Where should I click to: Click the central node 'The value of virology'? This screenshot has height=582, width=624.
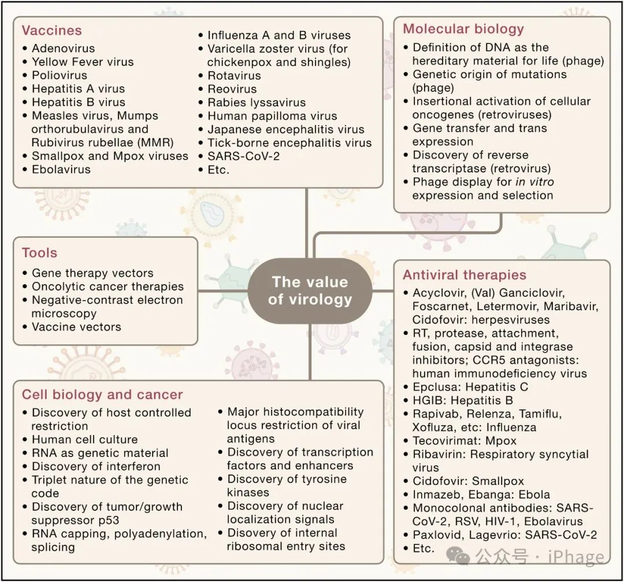click(310, 290)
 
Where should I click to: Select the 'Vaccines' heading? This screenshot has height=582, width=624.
click(52, 31)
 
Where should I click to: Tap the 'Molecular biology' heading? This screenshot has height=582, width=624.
click(463, 30)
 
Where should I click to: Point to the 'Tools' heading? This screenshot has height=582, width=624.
click(39, 253)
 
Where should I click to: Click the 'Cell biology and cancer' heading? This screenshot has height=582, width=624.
click(102, 395)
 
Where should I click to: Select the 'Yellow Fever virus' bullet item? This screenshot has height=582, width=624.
click(82, 62)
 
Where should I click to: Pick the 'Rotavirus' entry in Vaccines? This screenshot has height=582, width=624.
click(234, 76)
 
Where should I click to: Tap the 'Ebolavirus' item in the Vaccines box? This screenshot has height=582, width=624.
click(61, 170)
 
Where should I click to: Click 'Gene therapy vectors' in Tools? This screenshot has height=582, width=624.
click(92, 273)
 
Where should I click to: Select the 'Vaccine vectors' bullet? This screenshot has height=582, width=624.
click(76, 327)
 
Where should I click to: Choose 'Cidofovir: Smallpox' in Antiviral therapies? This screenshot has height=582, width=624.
click(468, 481)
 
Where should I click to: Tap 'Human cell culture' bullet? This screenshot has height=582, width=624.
click(84, 440)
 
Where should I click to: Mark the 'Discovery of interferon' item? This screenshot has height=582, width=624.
click(96, 466)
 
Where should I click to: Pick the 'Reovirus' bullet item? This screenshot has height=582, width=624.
click(232, 89)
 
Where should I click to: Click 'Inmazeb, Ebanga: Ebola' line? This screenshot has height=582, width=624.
click(481, 495)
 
